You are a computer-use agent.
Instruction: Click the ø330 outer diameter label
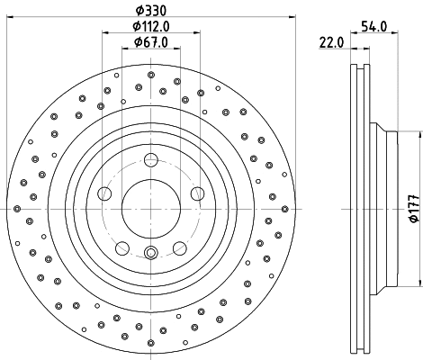(x=150, y=11)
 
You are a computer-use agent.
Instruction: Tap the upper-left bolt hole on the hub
(x=105, y=193)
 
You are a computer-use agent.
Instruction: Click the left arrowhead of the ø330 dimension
(x=21, y=19)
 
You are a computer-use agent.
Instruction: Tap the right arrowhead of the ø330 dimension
(x=282, y=19)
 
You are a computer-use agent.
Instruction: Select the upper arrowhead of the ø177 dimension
(x=415, y=135)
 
